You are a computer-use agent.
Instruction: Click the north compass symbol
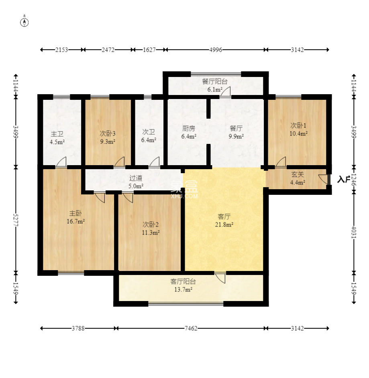[x=24, y=22]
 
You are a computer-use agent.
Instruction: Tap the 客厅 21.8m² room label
[x=224, y=220]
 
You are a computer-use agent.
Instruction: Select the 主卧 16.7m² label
[x=75, y=217]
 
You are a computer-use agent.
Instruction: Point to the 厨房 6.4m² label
[x=189, y=132]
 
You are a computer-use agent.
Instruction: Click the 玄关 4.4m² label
[x=298, y=178]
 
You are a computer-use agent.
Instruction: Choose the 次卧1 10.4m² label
[x=298, y=129]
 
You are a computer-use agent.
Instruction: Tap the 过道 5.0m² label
[x=136, y=182]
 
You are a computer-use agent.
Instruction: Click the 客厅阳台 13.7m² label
[x=183, y=285]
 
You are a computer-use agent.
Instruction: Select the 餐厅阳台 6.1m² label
[x=215, y=85]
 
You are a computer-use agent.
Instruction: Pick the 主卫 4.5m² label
[x=57, y=138]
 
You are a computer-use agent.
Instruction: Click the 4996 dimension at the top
[x=216, y=50]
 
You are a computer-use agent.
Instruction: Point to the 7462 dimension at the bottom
[x=191, y=328]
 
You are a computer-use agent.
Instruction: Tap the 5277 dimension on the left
[x=16, y=220]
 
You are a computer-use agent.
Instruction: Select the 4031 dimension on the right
[x=354, y=232]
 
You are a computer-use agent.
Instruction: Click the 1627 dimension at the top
[x=149, y=50]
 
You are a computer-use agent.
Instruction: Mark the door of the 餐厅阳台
[x=225, y=92]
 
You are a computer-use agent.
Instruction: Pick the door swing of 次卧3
[x=119, y=162]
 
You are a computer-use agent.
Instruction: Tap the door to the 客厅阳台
[x=220, y=278]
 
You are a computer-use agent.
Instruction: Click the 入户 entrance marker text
[x=344, y=179]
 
